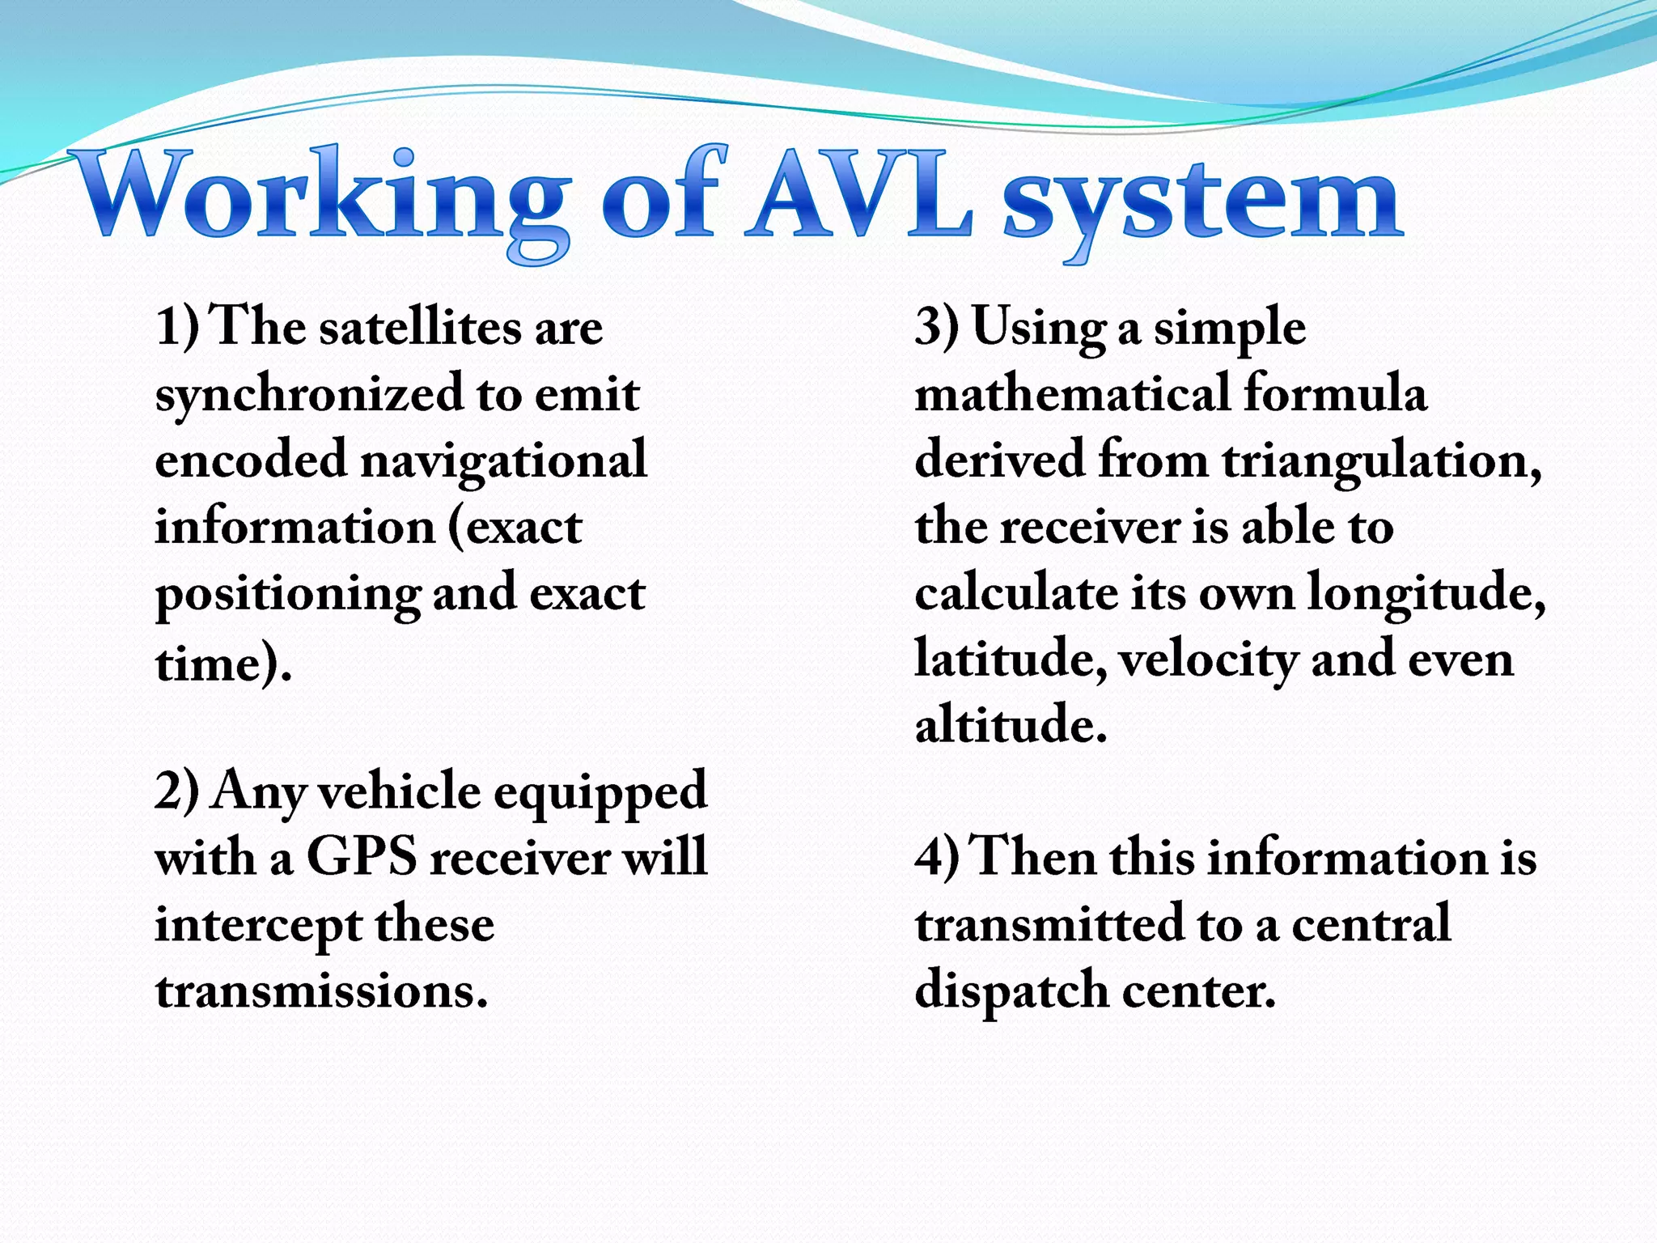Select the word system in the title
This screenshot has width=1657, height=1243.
pos(1201,202)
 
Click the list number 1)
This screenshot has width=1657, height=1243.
pos(176,328)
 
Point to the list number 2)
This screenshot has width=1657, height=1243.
pos(176,791)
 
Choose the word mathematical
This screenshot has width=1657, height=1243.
pos(1072,394)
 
